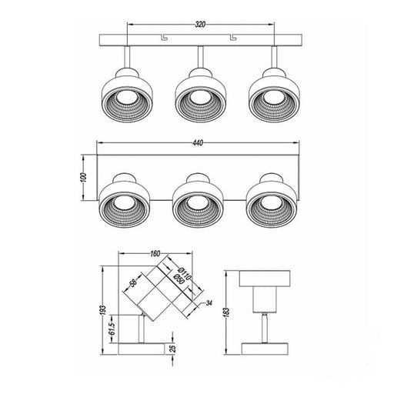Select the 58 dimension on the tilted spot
pyautogui.click(x=133, y=285)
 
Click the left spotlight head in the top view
pyautogui.click(x=124, y=96)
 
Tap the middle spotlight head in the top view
pyautogui.click(x=199, y=96)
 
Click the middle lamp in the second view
pyautogui.click(x=199, y=204)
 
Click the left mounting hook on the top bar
pyautogui.click(x=163, y=38)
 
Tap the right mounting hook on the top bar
pyautogui.click(x=232, y=38)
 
